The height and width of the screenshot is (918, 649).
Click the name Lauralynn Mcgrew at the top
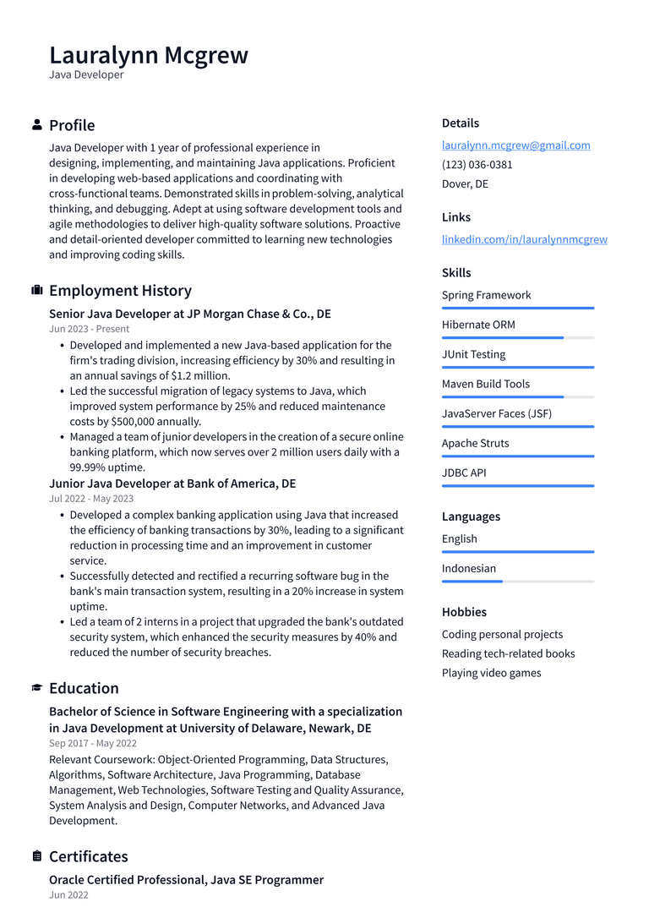149,55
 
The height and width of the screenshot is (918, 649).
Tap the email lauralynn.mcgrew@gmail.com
515,145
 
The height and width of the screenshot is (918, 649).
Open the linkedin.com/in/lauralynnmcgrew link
524,239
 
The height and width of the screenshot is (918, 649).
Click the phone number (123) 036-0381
477,165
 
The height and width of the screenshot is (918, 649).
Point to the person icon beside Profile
36,125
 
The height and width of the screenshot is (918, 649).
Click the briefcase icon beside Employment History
36,291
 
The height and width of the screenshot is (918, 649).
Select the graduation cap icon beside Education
36,688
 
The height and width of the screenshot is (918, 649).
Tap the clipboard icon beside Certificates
36,856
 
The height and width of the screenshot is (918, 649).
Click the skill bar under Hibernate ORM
517,338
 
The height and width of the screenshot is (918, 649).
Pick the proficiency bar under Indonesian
517,582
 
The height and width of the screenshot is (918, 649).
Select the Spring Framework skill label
486,295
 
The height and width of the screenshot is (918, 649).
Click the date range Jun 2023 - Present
89,329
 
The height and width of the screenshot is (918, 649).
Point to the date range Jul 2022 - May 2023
91,499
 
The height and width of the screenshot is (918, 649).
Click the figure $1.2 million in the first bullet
200,375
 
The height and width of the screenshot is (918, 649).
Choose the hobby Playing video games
491,673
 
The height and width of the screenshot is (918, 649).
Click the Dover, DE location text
465,184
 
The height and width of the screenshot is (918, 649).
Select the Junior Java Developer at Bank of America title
172,484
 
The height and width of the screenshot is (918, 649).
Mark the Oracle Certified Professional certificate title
186,880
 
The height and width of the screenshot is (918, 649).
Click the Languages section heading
471,516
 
